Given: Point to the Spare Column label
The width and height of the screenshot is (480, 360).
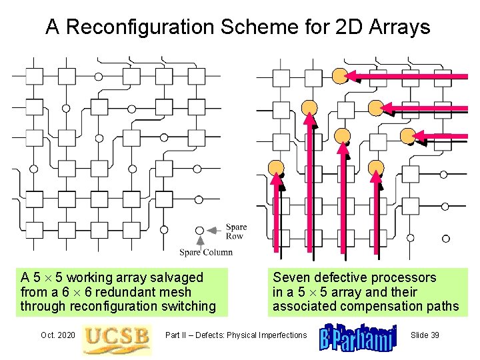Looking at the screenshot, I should tap(206, 252).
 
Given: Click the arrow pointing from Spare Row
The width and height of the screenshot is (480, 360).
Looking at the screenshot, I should tap(213, 230).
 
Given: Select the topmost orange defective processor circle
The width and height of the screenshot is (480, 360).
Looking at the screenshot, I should tap(340, 75).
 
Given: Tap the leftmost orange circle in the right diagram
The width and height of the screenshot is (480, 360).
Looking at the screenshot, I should tap(276, 167).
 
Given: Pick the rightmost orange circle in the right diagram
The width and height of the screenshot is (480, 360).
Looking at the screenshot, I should tap(408, 135).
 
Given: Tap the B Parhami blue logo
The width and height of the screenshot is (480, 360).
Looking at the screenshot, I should tap(358, 336).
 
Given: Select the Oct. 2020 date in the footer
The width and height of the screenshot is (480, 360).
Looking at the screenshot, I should tap(57, 335).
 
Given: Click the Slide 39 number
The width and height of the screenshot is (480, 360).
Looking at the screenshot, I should tap(425, 335).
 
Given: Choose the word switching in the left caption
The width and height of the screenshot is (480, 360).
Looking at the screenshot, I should tap(191, 307).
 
